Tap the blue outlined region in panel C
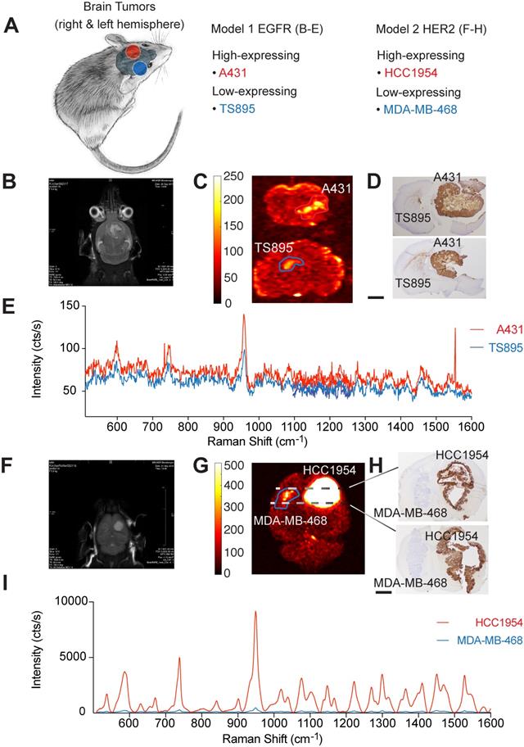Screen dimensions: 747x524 point(289,264)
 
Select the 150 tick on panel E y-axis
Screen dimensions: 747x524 point(56,305)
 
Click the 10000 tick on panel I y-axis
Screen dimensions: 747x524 point(48,601)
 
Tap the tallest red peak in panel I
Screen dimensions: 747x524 point(255,613)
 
